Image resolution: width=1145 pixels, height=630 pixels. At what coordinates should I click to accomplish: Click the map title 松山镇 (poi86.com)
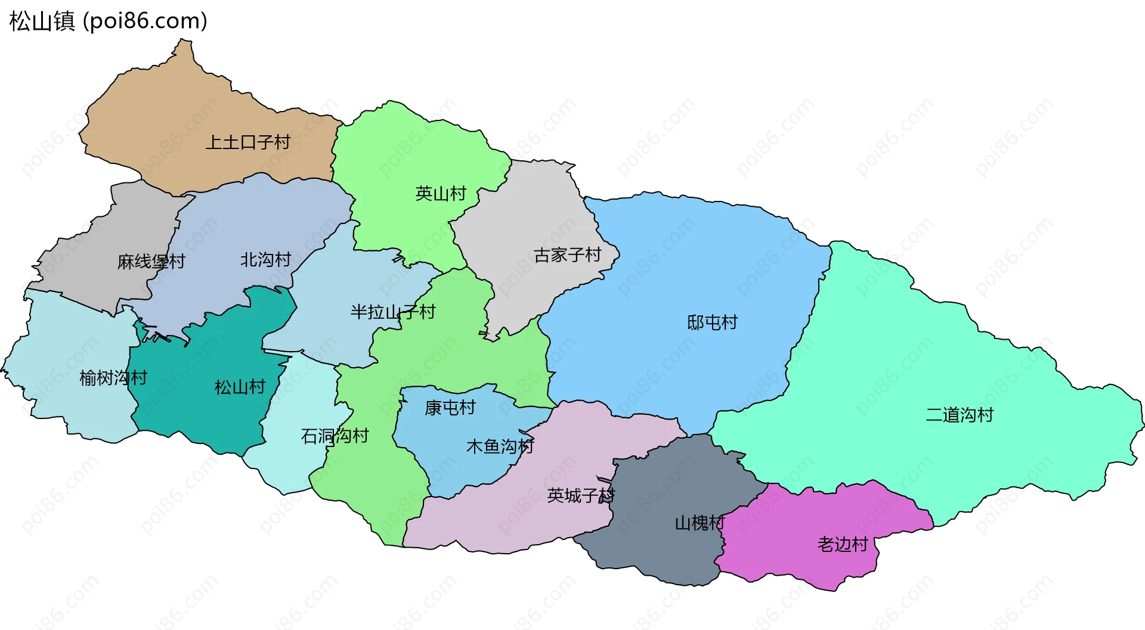(x=108, y=21)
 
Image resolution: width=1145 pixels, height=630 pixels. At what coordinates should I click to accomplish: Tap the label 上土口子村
(x=247, y=142)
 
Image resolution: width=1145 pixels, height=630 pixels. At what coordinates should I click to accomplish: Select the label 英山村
(x=440, y=194)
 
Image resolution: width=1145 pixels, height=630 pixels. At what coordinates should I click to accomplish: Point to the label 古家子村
(x=567, y=255)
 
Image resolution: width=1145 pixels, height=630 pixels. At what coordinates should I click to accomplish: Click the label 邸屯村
(x=712, y=322)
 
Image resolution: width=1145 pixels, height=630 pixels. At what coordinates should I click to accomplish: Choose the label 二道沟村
(x=959, y=415)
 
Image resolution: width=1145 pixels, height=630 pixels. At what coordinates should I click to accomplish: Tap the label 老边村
(x=842, y=544)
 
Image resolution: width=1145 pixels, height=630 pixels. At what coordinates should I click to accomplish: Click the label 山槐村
(x=699, y=523)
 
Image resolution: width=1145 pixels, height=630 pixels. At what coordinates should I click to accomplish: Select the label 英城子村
(x=580, y=495)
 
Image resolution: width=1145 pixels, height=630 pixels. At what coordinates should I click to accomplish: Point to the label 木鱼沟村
(x=500, y=446)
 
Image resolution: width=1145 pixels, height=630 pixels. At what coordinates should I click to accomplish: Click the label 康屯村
(x=450, y=408)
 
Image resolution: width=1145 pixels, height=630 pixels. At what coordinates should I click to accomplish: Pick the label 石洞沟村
(x=335, y=436)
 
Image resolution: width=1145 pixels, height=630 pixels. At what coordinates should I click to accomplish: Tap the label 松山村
(x=240, y=387)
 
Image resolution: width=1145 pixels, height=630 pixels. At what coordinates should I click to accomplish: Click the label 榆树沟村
(x=113, y=377)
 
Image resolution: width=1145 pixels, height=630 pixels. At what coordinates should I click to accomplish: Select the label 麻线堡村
(x=151, y=261)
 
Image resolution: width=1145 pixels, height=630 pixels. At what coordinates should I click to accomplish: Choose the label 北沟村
(x=265, y=259)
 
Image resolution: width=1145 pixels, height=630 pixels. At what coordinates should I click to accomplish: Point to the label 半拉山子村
(x=392, y=312)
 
